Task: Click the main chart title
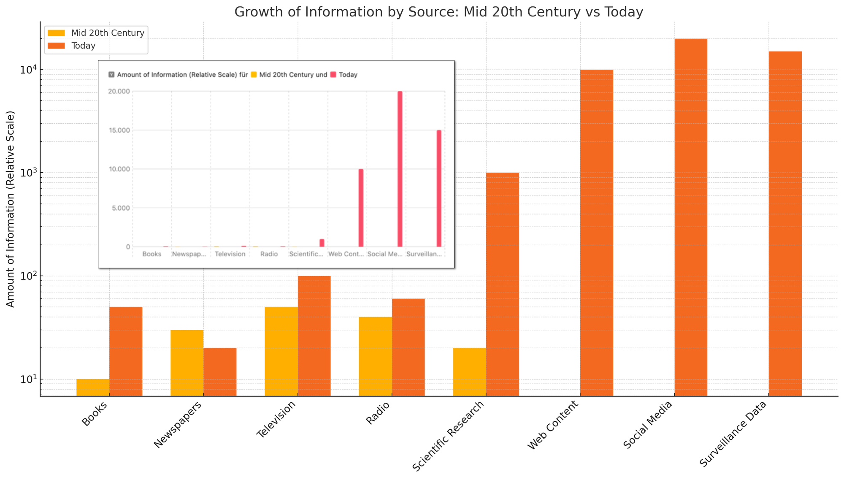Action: [438, 12]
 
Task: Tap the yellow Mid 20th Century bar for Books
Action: [93, 387]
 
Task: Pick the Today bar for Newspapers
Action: [220, 372]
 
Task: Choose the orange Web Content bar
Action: [597, 233]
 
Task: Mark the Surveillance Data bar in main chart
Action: [785, 223]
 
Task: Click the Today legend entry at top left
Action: [84, 46]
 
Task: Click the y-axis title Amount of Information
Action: [10, 209]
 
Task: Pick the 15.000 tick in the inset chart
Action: [119, 130]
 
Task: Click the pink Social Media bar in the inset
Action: [400, 169]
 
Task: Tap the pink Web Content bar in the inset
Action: [361, 208]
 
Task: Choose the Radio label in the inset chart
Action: [269, 254]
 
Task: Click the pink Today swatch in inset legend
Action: [333, 75]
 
